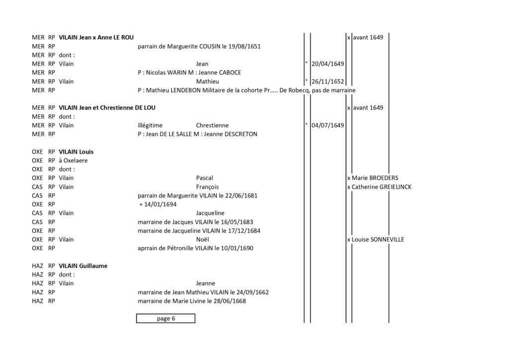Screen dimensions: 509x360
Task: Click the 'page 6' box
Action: click(x=166, y=318)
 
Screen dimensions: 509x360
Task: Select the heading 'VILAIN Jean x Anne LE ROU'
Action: click(x=96, y=37)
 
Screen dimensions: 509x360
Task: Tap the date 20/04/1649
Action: click(x=328, y=64)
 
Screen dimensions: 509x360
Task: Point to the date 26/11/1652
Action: click(x=328, y=81)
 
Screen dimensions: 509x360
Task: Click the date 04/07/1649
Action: click(x=328, y=125)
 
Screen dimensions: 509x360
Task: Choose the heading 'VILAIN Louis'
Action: click(x=76, y=152)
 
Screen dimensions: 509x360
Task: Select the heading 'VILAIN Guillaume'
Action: click(x=83, y=266)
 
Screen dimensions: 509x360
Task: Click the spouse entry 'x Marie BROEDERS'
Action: click(x=373, y=178)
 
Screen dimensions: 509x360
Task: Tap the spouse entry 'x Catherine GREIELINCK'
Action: click(x=379, y=187)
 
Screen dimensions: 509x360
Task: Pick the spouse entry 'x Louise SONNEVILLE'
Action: click(x=376, y=240)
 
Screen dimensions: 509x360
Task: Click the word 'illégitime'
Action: click(x=150, y=125)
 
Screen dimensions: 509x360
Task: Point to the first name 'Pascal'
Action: click(x=204, y=178)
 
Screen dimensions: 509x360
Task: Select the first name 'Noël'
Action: click(x=203, y=240)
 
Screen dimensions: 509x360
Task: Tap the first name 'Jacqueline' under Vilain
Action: click(x=210, y=213)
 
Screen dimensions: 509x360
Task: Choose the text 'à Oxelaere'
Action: click(x=73, y=161)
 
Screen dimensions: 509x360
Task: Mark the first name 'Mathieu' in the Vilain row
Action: click(x=207, y=81)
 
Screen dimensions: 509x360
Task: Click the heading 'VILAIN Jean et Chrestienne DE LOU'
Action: click(x=107, y=107)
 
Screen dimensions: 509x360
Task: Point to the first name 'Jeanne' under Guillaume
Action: click(x=205, y=283)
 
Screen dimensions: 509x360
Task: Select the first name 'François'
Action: click(x=207, y=187)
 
